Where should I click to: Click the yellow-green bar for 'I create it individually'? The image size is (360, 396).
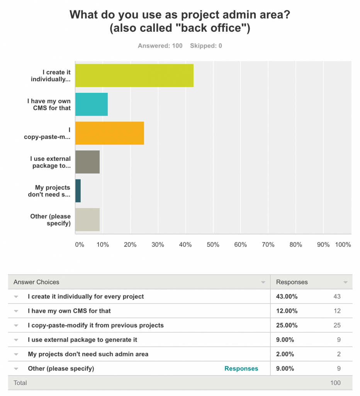tap(134, 75)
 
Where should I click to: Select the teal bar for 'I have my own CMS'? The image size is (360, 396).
tap(91, 104)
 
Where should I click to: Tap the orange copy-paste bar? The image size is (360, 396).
tap(109, 133)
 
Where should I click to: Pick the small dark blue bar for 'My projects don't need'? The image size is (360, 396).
tap(78, 191)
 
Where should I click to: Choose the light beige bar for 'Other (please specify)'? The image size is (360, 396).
tap(87, 220)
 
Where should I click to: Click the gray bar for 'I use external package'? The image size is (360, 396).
tap(87, 162)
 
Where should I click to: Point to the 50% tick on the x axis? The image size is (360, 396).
tap(213, 245)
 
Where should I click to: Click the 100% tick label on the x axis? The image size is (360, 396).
tap(343, 245)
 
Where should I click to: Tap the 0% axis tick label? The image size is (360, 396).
tap(79, 245)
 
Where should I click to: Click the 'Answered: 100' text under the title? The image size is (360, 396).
tap(160, 46)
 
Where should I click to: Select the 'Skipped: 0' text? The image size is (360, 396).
tap(206, 46)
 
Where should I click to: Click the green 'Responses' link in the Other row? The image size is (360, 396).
tap(241, 369)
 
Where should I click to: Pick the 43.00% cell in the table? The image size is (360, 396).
tap(287, 297)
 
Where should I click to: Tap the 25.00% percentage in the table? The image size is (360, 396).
tap(287, 325)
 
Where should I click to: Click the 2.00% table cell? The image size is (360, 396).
tap(285, 354)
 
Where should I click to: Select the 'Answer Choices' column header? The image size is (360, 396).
tap(36, 282)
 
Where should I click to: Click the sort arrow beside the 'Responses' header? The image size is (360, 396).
tap(345, 282)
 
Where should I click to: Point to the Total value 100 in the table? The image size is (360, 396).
tap(335, 383)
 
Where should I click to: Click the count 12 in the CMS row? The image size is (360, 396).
tap(337, 311)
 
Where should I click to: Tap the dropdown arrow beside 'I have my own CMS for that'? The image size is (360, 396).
tap(16, 311)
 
